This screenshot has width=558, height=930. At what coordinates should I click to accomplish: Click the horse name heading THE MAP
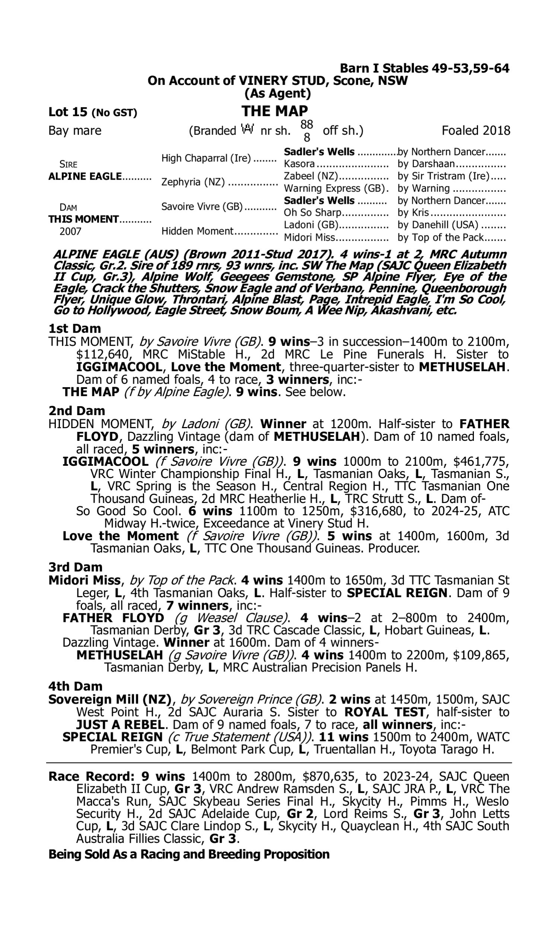point(275,111)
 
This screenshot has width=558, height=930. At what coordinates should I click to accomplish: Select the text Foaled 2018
point(476,131)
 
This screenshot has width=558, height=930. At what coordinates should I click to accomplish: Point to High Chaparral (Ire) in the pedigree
point(206,158)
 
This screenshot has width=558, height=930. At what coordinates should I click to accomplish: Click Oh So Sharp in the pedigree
point(312,212)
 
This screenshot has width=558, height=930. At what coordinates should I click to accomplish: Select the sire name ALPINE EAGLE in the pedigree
point(85,176)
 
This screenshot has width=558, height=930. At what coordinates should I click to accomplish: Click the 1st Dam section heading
point(74,328)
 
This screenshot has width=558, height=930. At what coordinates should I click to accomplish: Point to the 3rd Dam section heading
point(75,567)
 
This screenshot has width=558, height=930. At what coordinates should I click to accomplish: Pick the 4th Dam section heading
point(75,686)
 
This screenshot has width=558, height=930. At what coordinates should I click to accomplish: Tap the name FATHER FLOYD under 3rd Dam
point(113,618)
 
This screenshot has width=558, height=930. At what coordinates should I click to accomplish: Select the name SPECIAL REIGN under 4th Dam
point(112,737)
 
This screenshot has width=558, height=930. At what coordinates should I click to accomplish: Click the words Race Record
point(92,777)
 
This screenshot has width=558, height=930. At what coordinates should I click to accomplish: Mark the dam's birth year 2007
point(71,231)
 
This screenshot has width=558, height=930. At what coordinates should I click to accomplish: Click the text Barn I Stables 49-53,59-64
point(424,68)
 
